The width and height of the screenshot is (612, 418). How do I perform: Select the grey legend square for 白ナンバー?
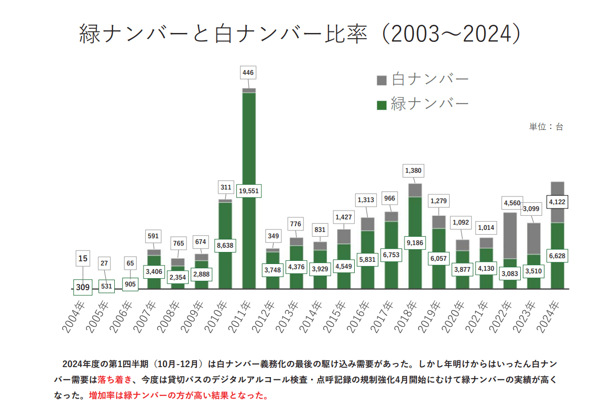[x=381, y=80]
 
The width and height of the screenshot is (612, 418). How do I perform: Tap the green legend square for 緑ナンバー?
[x=381, y=104]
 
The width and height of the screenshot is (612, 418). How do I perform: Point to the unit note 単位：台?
[x=545, y=127]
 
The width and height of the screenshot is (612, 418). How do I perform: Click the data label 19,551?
[x=248, y=191]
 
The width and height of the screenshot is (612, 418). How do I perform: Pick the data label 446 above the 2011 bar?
[x=248, y=72]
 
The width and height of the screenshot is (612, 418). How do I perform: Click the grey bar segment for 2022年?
[x=510, y=236]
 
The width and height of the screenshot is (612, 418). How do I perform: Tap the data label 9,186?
[x=415, y=243]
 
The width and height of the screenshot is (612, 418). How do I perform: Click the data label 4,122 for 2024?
[x=558, y=202]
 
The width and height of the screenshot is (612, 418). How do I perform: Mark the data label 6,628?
[x=558, y=256]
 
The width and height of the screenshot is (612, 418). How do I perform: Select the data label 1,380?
[x=413, y=171]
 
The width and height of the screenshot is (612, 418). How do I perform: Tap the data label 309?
[x=83, y=287]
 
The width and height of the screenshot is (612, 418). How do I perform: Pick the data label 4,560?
[x=512, y=203]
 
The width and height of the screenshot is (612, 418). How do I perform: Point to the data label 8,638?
[x=225, y=245]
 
